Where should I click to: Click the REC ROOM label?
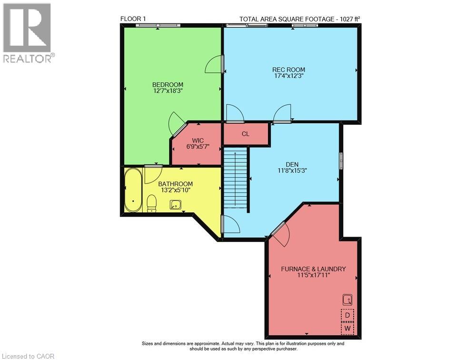[x=288, y=70]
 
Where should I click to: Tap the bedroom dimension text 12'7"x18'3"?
[x=168, y=91]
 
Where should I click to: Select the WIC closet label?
[x=198, y=140]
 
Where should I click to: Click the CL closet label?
[x=246, y=134]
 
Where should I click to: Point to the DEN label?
[x=292, y=164]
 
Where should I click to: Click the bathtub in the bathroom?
[x=133, y=190]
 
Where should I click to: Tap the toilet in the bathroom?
[x=151, y=203]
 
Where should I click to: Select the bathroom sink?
[x=175, y=204]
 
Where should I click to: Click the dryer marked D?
[x=347, y=315]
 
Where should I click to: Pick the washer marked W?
[x=347, y=329]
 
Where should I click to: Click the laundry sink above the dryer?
[x=347, y=300]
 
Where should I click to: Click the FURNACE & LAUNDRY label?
[x=313, y=269]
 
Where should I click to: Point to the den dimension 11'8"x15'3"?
[x=292, y=170]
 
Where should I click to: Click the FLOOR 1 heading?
[x=133, y=19]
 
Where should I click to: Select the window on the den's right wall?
[x=341, y=160]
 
